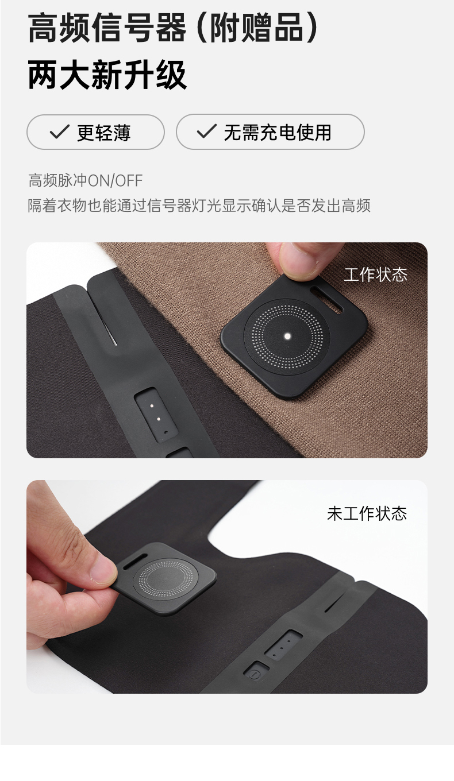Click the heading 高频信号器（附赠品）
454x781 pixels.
tap(173, 28)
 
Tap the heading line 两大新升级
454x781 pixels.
tap(107, 75)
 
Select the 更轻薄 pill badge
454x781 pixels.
tap(95, 132)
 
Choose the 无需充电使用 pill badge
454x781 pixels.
tap(270, 132)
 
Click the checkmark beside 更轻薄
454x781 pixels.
tap(59, 132)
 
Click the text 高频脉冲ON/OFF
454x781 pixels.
tap(86, 180)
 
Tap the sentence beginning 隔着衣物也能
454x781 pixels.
tap(199, 206)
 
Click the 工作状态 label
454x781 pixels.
tap(375, 274)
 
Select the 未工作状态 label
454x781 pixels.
tap(367, 513)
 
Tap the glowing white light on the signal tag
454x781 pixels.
tap(287, 336)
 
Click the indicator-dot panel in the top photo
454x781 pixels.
tap(156, 415)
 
